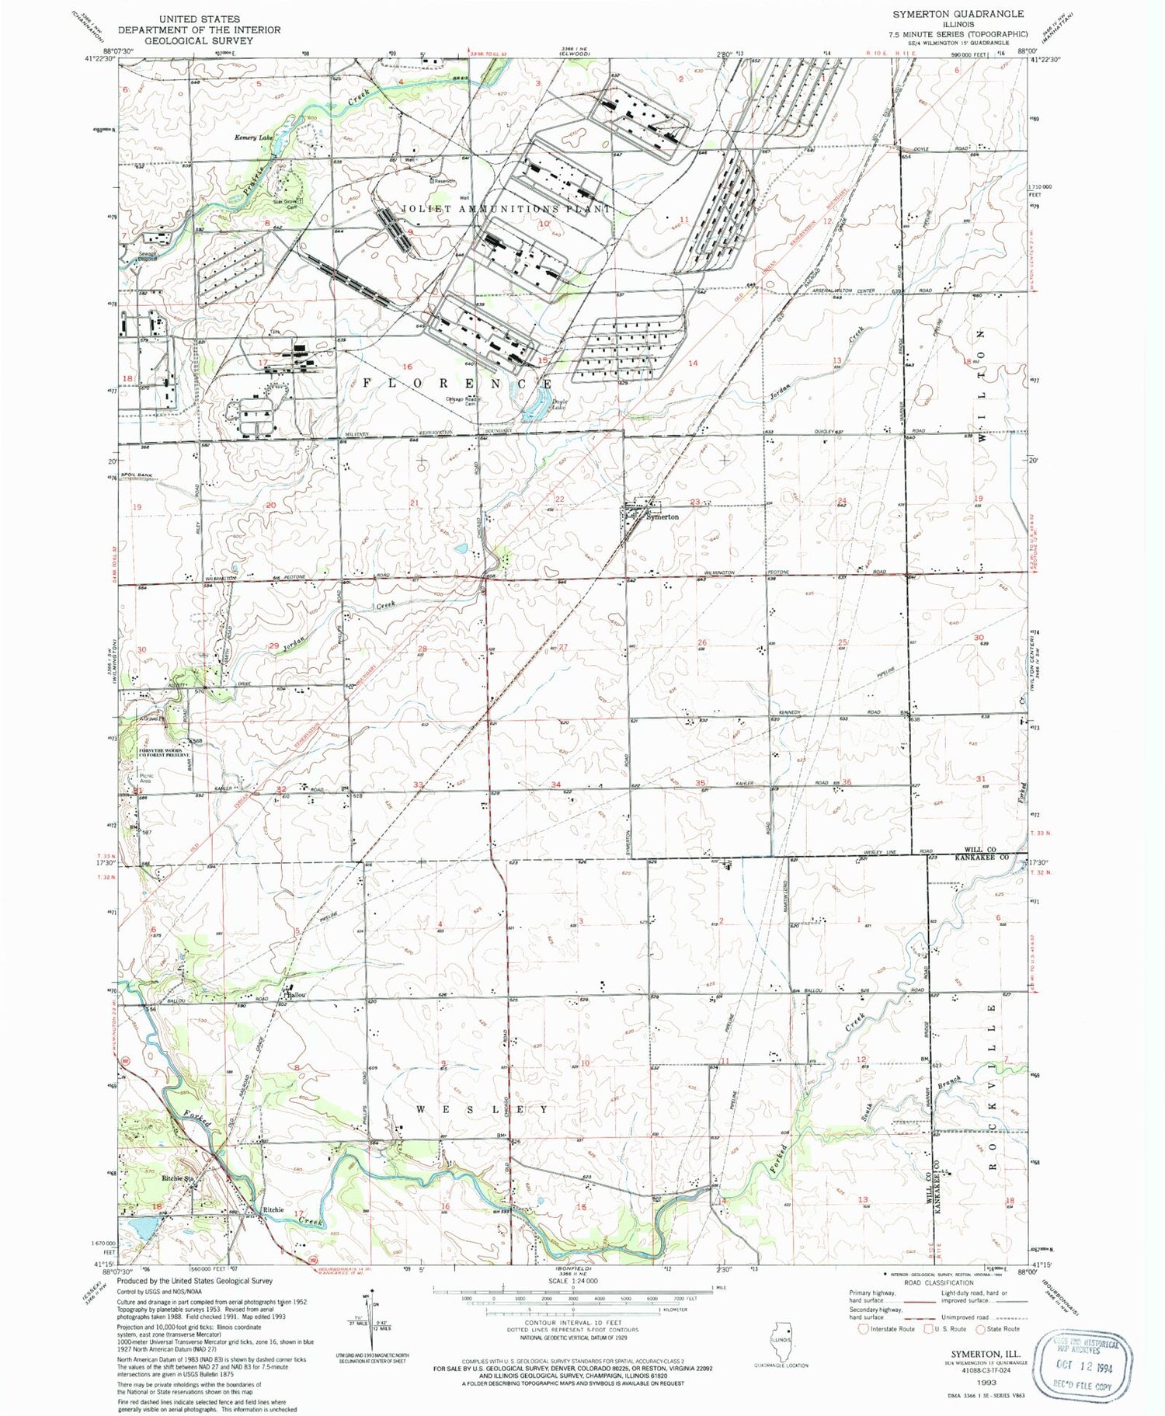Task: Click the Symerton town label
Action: pos(663,517)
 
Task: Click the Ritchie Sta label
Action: pos(177,1178)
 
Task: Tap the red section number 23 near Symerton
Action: pos(694,502)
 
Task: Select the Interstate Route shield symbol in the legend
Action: pos(862,1329)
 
